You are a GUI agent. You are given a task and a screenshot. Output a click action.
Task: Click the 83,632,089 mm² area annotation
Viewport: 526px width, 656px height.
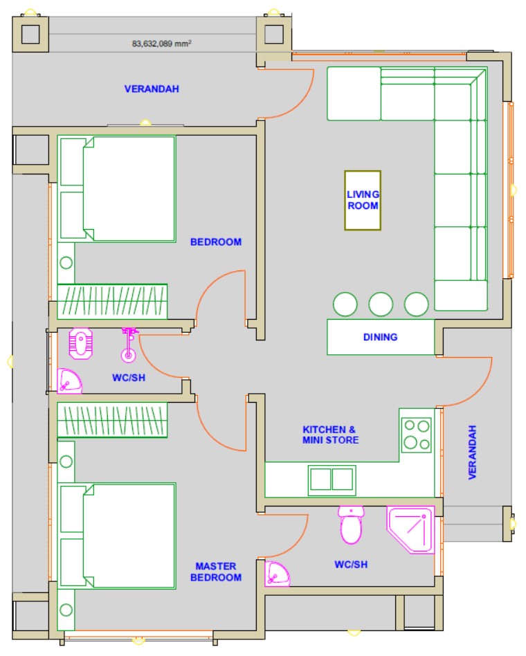point(161,44)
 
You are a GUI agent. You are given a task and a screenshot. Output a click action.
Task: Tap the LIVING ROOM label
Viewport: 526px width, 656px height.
point(363,200)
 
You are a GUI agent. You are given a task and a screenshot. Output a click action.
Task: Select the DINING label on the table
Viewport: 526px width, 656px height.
point(380,337)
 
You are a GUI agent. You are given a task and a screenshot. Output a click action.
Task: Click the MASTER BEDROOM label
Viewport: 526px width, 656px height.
point(216,572)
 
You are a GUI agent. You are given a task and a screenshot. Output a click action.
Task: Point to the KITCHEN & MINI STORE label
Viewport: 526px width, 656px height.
point(331,435)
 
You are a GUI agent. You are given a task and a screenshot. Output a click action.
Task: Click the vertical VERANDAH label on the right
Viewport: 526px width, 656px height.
point(472,453)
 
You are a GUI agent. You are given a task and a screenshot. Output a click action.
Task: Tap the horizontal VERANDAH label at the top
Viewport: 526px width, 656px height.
point(152,89)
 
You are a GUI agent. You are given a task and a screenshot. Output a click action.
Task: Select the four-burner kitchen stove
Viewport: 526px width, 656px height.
point(417,435)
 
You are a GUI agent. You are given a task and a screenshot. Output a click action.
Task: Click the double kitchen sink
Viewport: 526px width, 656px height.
point(332,480)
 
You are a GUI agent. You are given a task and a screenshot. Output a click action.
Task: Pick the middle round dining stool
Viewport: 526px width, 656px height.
point(381,304)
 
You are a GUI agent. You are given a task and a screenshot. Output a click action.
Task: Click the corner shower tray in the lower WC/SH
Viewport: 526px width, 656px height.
point(410,529)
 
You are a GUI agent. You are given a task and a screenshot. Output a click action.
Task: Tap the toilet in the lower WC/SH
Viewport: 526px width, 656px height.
point(351,525)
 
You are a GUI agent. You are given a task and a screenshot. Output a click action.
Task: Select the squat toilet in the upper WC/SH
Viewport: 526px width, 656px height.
point(81,343)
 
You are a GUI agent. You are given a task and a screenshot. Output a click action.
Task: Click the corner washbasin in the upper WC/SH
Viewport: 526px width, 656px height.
point(69,381)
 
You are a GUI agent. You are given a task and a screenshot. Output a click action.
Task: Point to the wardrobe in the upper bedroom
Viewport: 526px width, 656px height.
point(112,301)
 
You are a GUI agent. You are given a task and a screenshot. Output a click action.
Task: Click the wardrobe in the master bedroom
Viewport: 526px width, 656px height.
point(112,420)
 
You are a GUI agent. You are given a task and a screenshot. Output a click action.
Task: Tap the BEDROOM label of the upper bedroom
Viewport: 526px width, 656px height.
point(216,242)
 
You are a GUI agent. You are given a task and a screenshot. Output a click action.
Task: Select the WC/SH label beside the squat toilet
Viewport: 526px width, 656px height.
point(129,378)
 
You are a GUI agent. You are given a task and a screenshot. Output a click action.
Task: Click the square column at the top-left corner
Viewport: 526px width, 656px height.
point(30,34)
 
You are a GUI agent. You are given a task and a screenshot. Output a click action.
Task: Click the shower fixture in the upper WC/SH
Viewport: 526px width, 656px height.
point(129,345)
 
